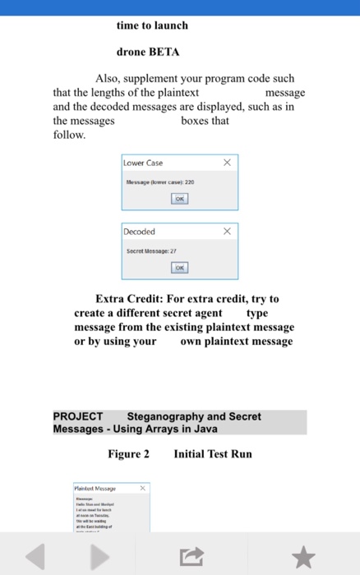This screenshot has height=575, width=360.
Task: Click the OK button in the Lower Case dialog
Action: tap(179, 199)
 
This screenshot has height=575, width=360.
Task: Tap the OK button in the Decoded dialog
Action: tap(179, 268)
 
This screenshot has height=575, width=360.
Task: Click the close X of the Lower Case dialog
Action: tap(227, 163)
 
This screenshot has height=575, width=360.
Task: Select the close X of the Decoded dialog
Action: tap(227, 232)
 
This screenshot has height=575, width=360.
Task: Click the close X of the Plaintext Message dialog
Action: tap(141, 488)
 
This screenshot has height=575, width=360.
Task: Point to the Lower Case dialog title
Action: tap(144, 163)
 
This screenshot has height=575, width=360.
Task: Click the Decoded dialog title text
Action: tap(140, 232)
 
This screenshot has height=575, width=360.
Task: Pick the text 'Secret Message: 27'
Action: tap(151, 250)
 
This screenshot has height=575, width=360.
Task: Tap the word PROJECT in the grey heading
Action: tap(78, 416)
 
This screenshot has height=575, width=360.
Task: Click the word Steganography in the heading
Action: tap(174, 416)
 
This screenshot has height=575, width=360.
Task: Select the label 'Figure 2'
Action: tap(128, 453)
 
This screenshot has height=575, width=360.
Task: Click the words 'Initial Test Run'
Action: tap(213, 453)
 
